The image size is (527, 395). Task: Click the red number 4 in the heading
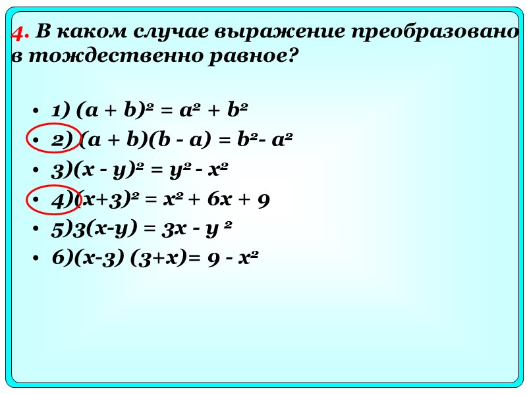point(20,33)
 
